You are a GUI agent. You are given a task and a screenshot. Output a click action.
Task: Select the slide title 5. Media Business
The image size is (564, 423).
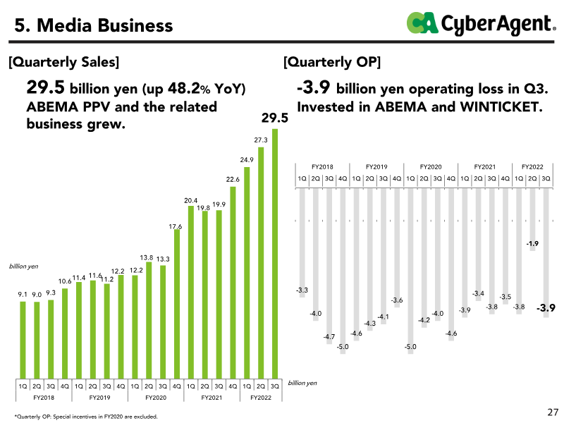pyautogui.click(x=94, y=26)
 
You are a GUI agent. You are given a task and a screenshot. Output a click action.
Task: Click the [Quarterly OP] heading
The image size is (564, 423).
pyautogui.click(x=332, y=62)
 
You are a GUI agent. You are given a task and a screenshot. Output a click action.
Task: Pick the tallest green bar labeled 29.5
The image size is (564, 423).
pyautogui.click(x=275, y=254)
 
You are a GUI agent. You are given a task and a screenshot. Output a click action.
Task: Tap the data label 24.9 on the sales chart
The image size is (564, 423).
pyautogui.click(x=247, y=160)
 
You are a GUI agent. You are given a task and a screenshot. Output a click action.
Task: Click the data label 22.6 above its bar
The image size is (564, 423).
pyautogui.click(x=233, y=180)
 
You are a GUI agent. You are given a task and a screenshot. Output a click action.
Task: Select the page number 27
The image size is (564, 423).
pyautogui.click(x=552, y=412)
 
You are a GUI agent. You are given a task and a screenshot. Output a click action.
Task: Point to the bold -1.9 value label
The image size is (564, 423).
pyautogui.click(x=532, y=244)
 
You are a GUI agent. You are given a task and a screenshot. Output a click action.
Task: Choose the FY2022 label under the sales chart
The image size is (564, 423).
pyautogui.click(x=261, y=398)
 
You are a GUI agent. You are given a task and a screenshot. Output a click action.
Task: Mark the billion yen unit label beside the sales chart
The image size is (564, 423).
pyautogui.click(x=23, y=267)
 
